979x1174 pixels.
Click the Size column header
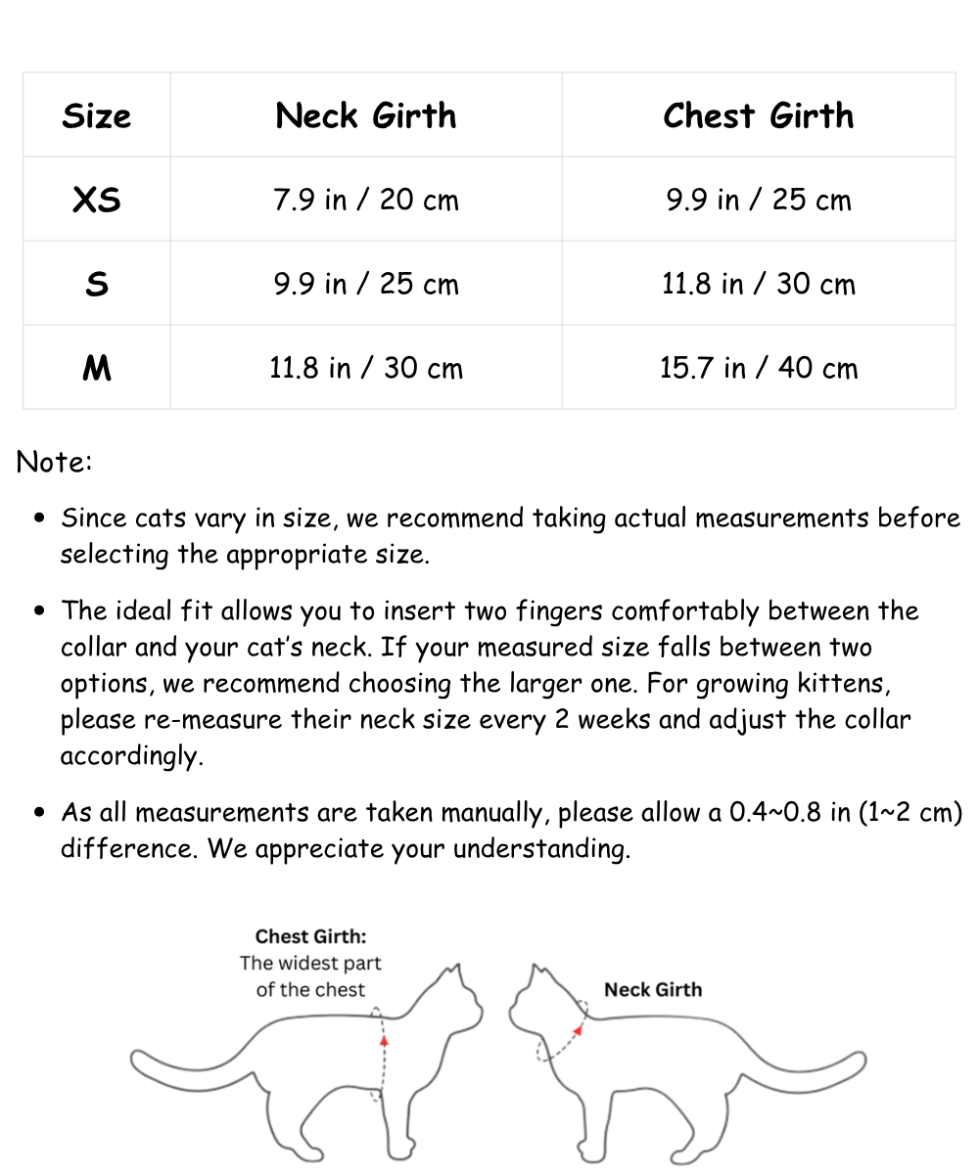pyautogui.click(x=96, y=115)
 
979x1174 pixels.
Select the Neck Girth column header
pyautogui.click(x=366, y=115)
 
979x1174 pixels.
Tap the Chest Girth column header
pyautogui.click(x=759, y=115)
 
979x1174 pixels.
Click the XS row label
pyautogui.click(x=96, y=200)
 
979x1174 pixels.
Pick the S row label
pyautogui.click(x=96, y=284)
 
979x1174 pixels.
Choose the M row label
pyautogui.click(x=96, y=368)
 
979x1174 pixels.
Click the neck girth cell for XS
pyautogui.click(x=366, y=200)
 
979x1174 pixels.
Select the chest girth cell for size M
pyautogui.click(x=759, y=368)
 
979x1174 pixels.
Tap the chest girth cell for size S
pyautogui.click(x=759, y=284)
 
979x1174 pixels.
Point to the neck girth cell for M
pyautogui.click(x=366, y=368)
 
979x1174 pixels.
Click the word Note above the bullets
pyautogui.click(x=54, y=462)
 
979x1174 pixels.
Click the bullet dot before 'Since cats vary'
pyautogui.click(x=40, y=519)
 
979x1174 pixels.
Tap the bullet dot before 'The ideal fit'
pyautogui.click(x=40, y=611)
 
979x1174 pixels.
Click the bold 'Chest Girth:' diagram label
pyautogui.click(x=311, y=936)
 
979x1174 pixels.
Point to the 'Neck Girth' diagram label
pyautogui.click(x=653, y=989)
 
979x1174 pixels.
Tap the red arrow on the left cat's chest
pyautogui.click(x=384, y=1040)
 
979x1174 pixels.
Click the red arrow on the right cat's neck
pyautogui.click(x=579, y=1028)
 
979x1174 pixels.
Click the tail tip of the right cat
pyautogui.click(x=859, y=1061)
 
